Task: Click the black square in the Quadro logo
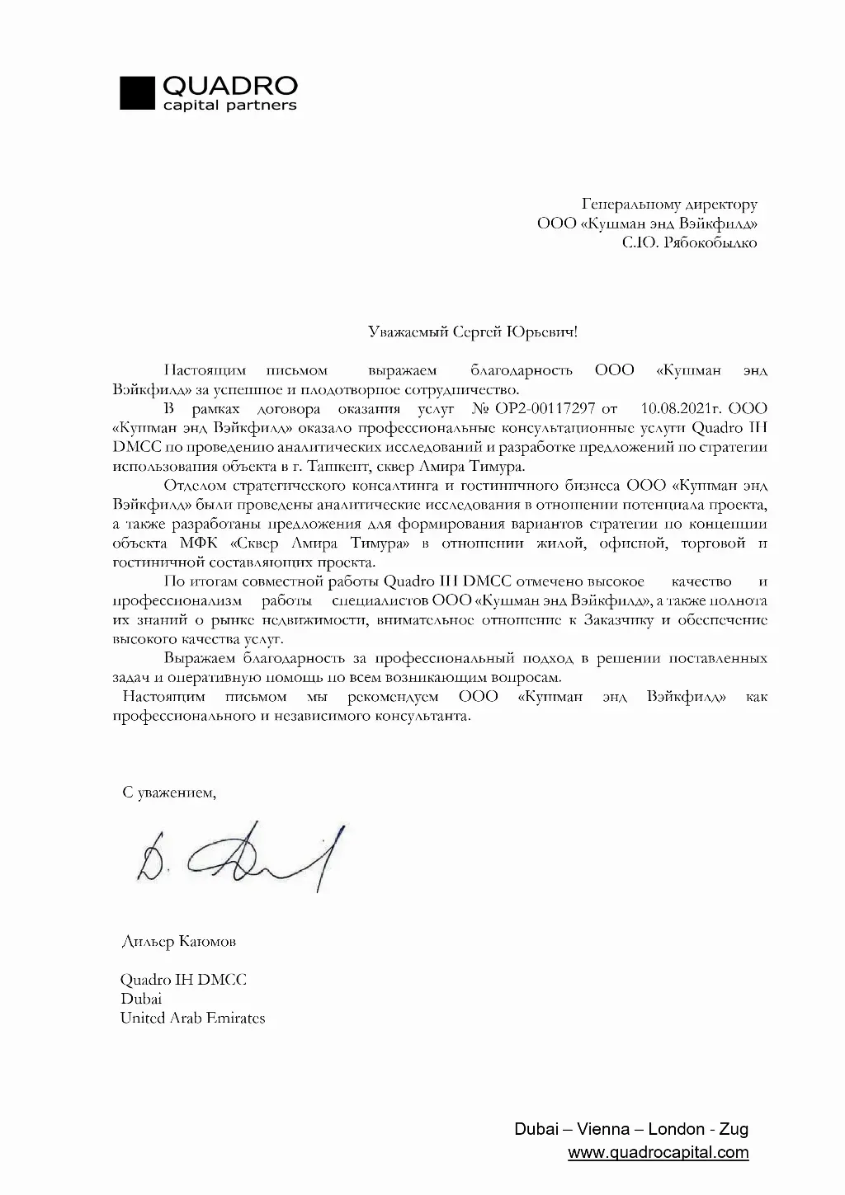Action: pyautogui.click(x=138, y=92)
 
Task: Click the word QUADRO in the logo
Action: pyautogui.click(x=230, y=85)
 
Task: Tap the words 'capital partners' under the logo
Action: pyautogui.click(x=229, y=106)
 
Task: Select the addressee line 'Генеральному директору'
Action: pyautogui.click(x=668, y=204)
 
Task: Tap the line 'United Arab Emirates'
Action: pyautogui.click(x=192, y=1018)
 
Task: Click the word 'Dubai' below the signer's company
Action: pyautogui.click(x=141, y=999)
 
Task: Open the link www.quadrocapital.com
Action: pyautogui.click(x=658, y=1152)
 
